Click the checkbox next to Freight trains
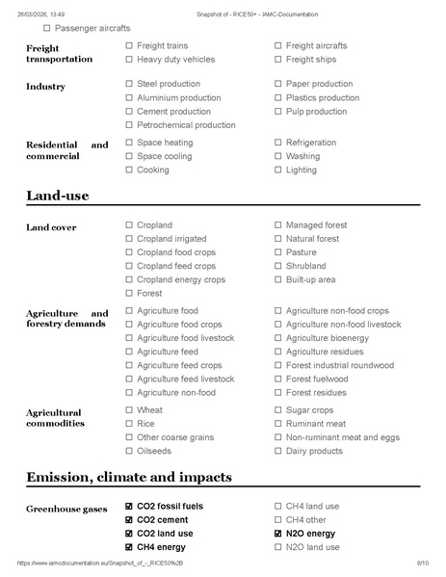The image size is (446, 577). [x=129, y=45]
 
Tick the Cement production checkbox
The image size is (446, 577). [x=129, y=111]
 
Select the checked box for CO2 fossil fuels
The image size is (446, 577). [x=129, y=506]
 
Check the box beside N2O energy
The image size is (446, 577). [x=278, y=533]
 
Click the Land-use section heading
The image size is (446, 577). [x=58, y=197]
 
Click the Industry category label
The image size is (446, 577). [x=45, y=87]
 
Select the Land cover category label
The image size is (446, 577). [x=51, y=227]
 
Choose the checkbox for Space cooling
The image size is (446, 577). [x=129, y=156]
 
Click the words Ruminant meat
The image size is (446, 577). [x=316, y=423]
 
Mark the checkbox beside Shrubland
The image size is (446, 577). [x=278, y=266]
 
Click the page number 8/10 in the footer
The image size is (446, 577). [x=421, y=562]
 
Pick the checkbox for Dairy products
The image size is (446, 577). [x=278, y=451]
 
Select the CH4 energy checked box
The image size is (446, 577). [x=129, y=546]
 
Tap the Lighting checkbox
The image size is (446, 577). [x=278, y=170]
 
